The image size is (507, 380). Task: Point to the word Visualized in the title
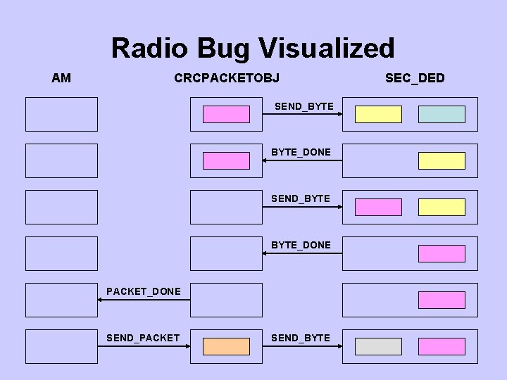click(x=327, y=49)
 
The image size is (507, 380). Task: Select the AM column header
click(x=61, y=77)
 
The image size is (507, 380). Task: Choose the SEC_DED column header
click(x=415, y=77)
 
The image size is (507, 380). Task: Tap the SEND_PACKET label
click(x=143, y=338)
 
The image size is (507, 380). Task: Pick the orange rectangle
click(x=226, y=346)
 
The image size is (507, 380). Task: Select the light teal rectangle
click(x=442, y=114)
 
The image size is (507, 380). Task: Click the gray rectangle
click(x=378, y=346)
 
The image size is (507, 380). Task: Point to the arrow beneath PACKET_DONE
click(x=144, y=300)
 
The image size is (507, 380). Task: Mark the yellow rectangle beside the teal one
click(x=378, y=114)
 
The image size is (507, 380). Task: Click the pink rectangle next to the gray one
click(x=442, y=346)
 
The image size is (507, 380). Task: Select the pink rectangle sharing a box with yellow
click(x=378, y=207)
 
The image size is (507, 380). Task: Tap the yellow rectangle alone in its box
click(x=442, y=160)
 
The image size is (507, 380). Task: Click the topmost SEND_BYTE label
click(x=303, y=106)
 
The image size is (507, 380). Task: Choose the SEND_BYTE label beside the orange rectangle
click(x=301, y=338)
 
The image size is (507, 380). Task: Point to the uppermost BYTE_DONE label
click(x=301, y=152)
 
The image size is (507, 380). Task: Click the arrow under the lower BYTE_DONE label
click(x=302, y=253)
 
